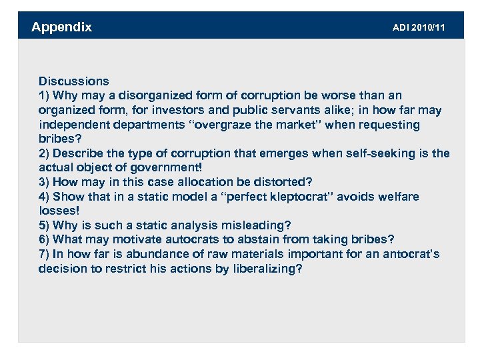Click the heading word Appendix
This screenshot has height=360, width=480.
point(61,27)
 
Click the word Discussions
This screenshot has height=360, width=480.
point(73,81)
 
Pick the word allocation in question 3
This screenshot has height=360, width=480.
point(201,182)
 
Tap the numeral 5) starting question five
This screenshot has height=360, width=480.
point(44,225)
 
